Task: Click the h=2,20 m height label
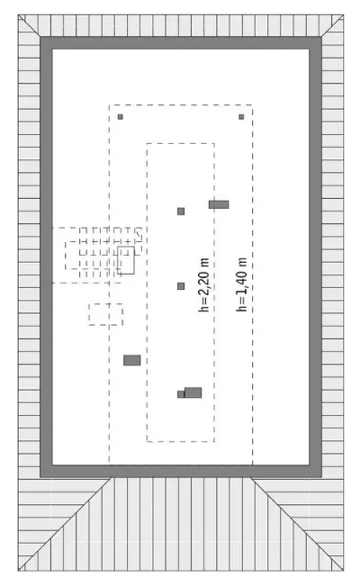[x=204, y=284]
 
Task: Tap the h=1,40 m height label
[x=242, y=284]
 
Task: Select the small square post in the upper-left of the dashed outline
[x=120, y=117]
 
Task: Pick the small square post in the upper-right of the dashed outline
[x=241, y=117]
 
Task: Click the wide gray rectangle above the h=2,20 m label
[x=219, y=204]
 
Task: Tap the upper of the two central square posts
[x=181, y=212]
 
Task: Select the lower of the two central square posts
[x=181, y=286]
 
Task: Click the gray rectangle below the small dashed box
[x=132, y=360]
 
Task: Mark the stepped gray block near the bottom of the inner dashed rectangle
[x=190, y=392]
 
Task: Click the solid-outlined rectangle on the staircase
[x=126, y=260]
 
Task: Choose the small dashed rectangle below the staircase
[x=106, y=314]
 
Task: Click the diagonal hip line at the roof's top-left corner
[x=29, y=26]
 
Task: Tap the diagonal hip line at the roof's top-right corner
[x=332, y=26]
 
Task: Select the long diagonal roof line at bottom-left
[x=64, y=524]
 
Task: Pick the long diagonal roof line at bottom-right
[x=297, y=524]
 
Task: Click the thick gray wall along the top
[x=181, y=43]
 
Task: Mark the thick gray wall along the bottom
[x=181, y=472]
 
